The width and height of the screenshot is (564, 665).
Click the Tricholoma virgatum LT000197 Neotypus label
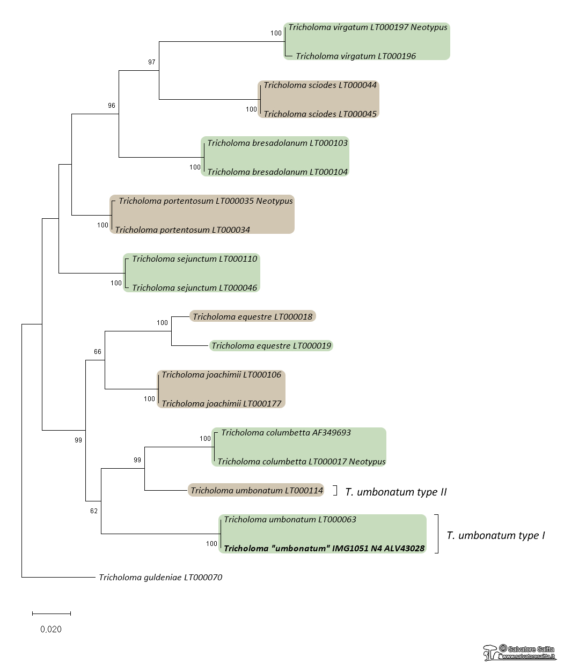[368, 27]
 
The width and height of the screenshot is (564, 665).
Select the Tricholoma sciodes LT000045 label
[320, 114]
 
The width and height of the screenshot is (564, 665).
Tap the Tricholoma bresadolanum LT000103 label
[277, 143]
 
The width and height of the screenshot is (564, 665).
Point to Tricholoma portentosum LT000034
[182, 230]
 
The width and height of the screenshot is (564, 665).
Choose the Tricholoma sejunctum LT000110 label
[194, 259]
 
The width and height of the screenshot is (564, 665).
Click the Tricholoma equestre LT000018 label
[252, 317]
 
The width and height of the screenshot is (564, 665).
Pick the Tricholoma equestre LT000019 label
[271, 346]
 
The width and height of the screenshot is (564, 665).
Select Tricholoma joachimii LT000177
[221, 404]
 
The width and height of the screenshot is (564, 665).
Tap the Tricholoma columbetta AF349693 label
[286, 433]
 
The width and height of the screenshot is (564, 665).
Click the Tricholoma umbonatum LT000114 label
[257, 491]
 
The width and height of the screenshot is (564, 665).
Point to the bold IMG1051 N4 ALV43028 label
[324, 549]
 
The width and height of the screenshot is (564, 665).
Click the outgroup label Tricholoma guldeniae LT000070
[160, 578]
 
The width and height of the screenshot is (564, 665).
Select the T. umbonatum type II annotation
[395, 492]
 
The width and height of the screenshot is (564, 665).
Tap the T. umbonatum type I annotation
[495, 535]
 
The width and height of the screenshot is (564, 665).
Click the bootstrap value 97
[152, 62]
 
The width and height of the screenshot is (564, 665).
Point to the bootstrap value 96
[112, 106]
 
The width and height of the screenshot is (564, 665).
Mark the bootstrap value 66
[98, 352]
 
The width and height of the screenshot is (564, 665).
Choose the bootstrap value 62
[94, 511]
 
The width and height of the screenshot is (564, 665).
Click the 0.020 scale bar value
[51, 629]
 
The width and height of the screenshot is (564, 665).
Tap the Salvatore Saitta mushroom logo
[490, 653]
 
